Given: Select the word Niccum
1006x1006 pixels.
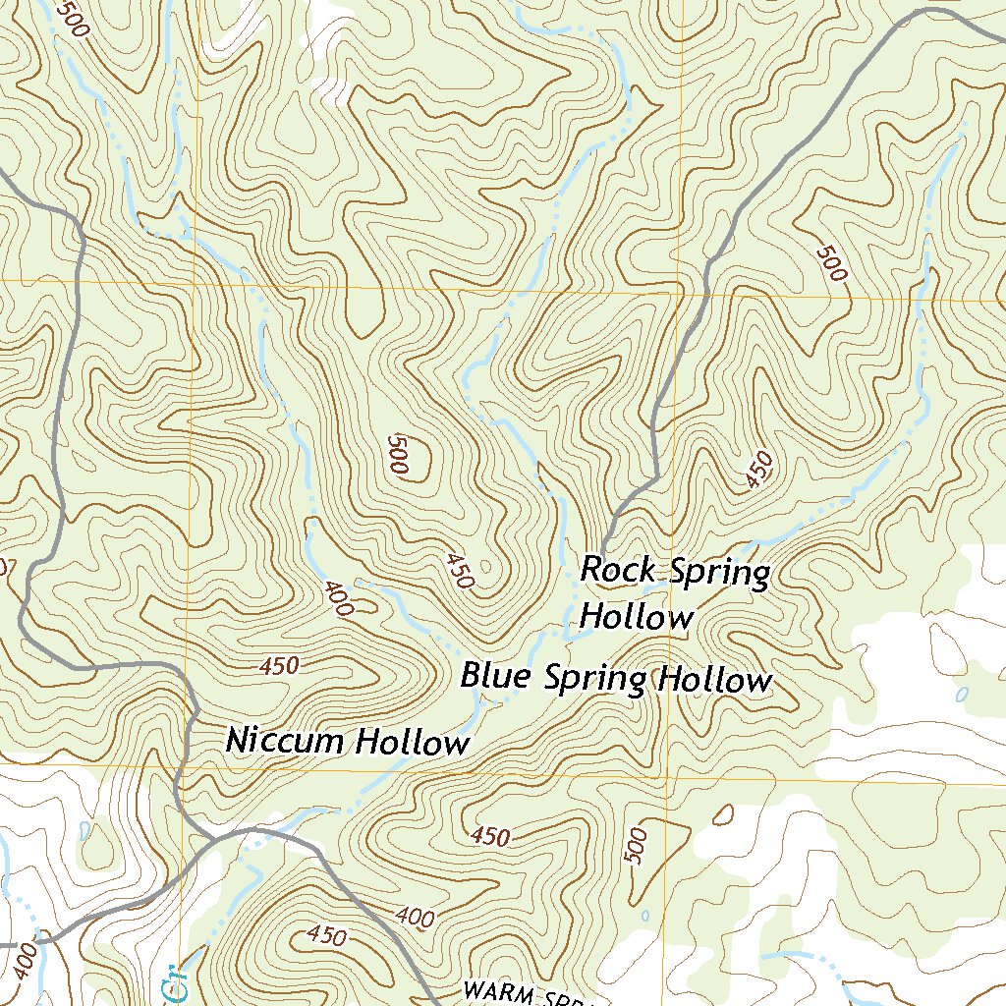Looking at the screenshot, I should click(286, 740).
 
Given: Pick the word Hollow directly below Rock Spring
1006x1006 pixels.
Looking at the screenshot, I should click(636, 618).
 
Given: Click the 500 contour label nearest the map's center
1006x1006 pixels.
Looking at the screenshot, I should click(398, 454).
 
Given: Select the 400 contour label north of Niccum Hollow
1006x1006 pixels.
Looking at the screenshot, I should click(337, 598).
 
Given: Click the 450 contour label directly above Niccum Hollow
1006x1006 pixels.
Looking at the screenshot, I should click(279, 666).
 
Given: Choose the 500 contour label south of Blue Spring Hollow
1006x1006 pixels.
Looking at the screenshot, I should click(637, 846).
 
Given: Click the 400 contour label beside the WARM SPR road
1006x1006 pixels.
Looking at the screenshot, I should click(416, 918).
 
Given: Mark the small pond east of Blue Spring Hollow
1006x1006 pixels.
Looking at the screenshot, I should click(961, 695).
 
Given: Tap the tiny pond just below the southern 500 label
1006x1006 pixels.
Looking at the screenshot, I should click(645, 915).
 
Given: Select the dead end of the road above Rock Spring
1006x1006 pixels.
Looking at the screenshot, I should click(602, 550).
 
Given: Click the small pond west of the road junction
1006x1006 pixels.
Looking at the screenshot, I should click(84, 831).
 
